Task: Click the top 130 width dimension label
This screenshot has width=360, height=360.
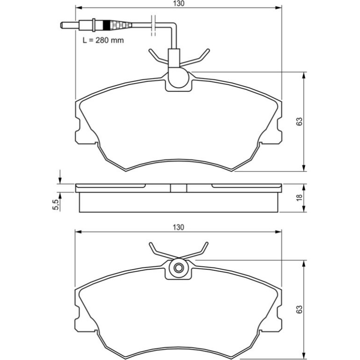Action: coord(179,4)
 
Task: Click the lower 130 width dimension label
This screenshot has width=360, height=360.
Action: coord(179,227)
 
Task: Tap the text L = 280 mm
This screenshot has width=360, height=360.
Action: coord(103,40)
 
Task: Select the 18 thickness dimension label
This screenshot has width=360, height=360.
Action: coord(299,198)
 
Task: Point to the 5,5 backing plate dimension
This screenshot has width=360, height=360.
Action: coord(56,205)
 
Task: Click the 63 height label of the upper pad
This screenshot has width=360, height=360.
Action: coord(299,122)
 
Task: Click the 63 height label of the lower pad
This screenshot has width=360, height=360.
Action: coord(299,310)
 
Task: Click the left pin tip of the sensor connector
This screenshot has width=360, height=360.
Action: coord(62,25)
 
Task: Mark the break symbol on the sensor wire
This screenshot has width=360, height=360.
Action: coord(153,26)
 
